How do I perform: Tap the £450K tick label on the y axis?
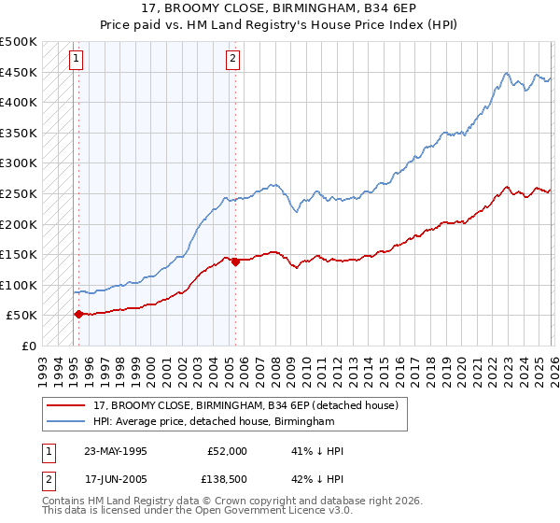(19, 72)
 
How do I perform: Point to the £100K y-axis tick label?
(19, 285)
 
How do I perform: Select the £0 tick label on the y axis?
(28, 346)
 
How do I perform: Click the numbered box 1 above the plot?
(76, 60)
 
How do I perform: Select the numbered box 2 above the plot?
(231, 60)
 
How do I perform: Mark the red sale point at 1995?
(78, 315)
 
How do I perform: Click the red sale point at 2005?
(234, 261)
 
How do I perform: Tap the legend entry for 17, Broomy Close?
(246, 405)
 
